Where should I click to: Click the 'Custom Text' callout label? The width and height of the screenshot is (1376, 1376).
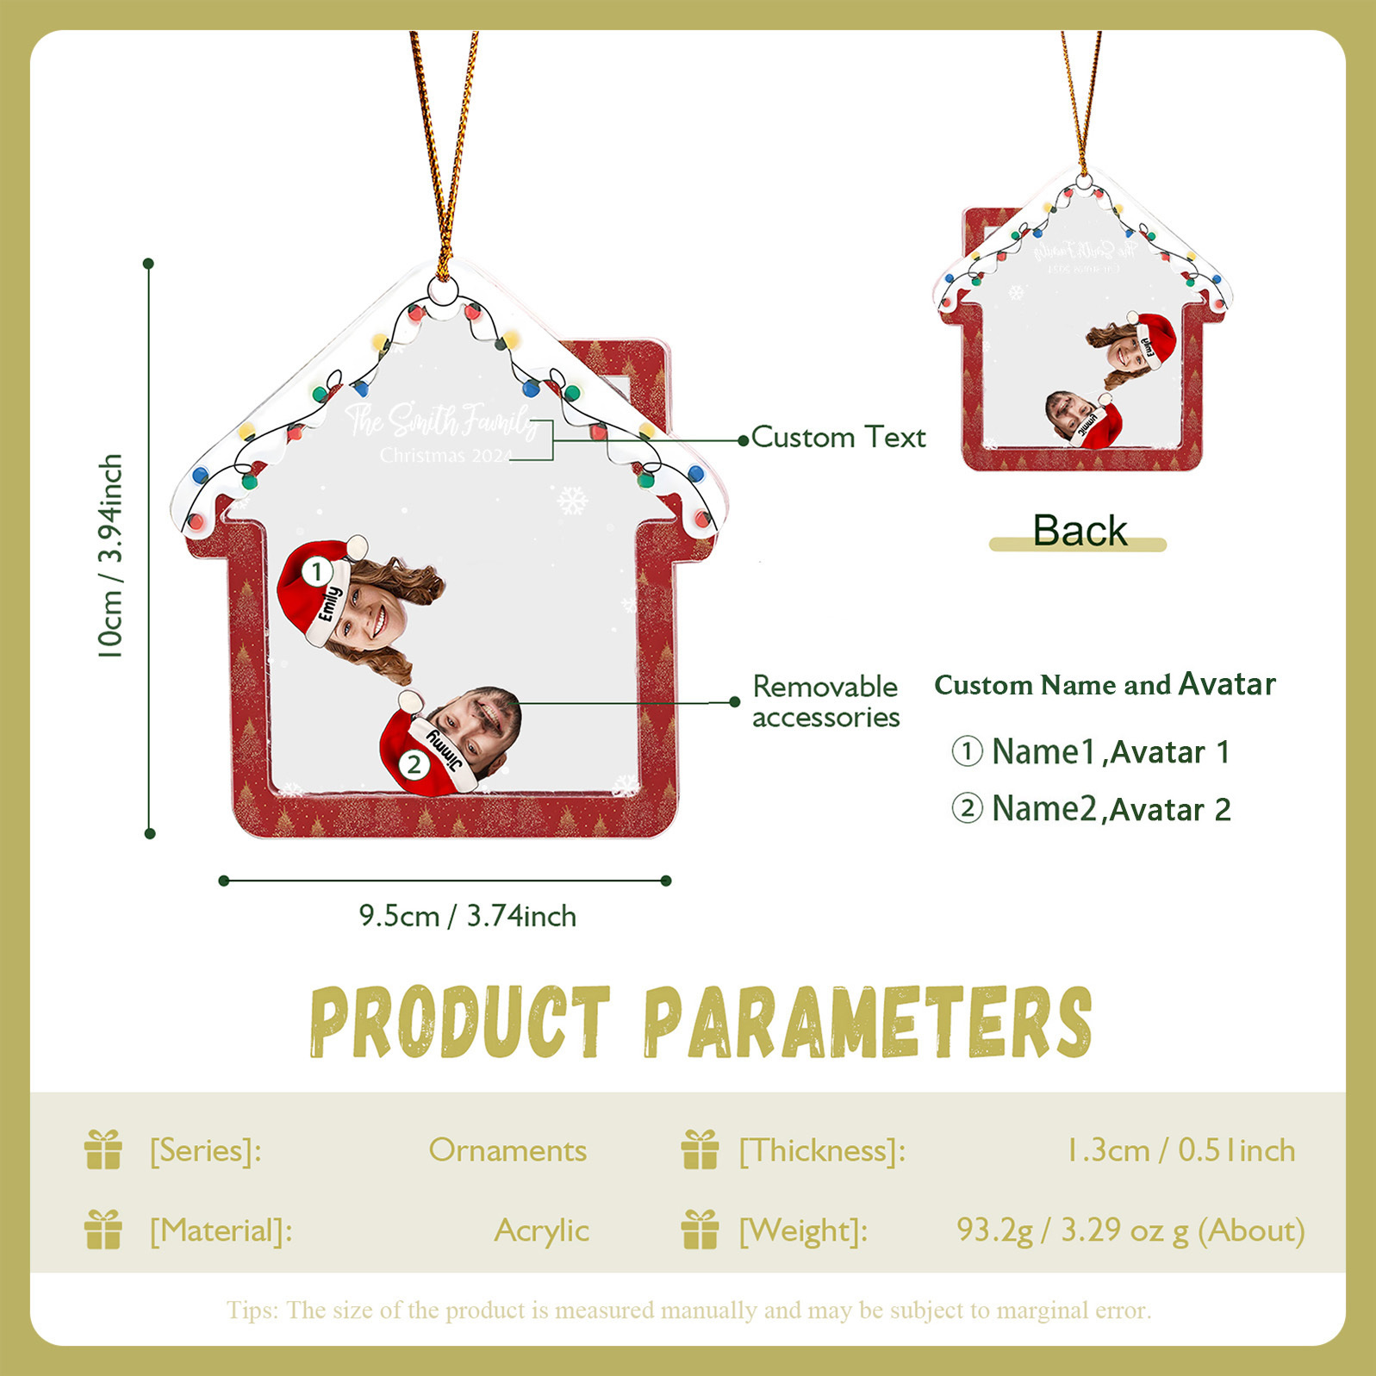[837, 438]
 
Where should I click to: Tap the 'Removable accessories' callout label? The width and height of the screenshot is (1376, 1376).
[825, 701]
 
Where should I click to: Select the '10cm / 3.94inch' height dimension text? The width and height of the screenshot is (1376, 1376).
[110, 556]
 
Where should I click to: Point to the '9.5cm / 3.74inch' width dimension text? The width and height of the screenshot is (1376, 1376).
[467, 916]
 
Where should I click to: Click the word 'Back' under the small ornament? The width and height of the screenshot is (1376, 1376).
[1080, 531]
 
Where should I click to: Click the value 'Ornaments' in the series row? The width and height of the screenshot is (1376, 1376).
[507, 1151]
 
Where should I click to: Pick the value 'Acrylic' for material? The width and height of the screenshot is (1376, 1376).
[541, 1230]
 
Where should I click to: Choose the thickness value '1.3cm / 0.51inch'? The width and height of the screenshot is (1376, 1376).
[1180, 1151]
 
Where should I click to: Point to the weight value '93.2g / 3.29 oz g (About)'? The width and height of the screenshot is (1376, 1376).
[1130, 1230]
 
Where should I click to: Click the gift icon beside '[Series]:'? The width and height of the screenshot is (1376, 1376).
[103, 1150]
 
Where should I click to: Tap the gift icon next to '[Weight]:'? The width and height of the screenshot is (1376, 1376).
[700, 1230]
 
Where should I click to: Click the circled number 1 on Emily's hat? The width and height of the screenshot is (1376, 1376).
[317, 571]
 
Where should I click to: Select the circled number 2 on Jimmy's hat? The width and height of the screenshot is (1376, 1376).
[414, 764]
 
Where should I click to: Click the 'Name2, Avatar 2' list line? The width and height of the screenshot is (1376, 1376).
[1092, 809]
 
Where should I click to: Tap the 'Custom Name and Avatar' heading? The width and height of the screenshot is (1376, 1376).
[1105, 685]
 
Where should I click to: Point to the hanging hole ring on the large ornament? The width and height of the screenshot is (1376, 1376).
[445, 293]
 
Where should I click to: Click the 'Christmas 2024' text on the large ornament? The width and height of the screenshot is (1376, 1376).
[445, 455]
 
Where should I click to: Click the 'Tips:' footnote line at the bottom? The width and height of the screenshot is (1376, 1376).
[688, 1311]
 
